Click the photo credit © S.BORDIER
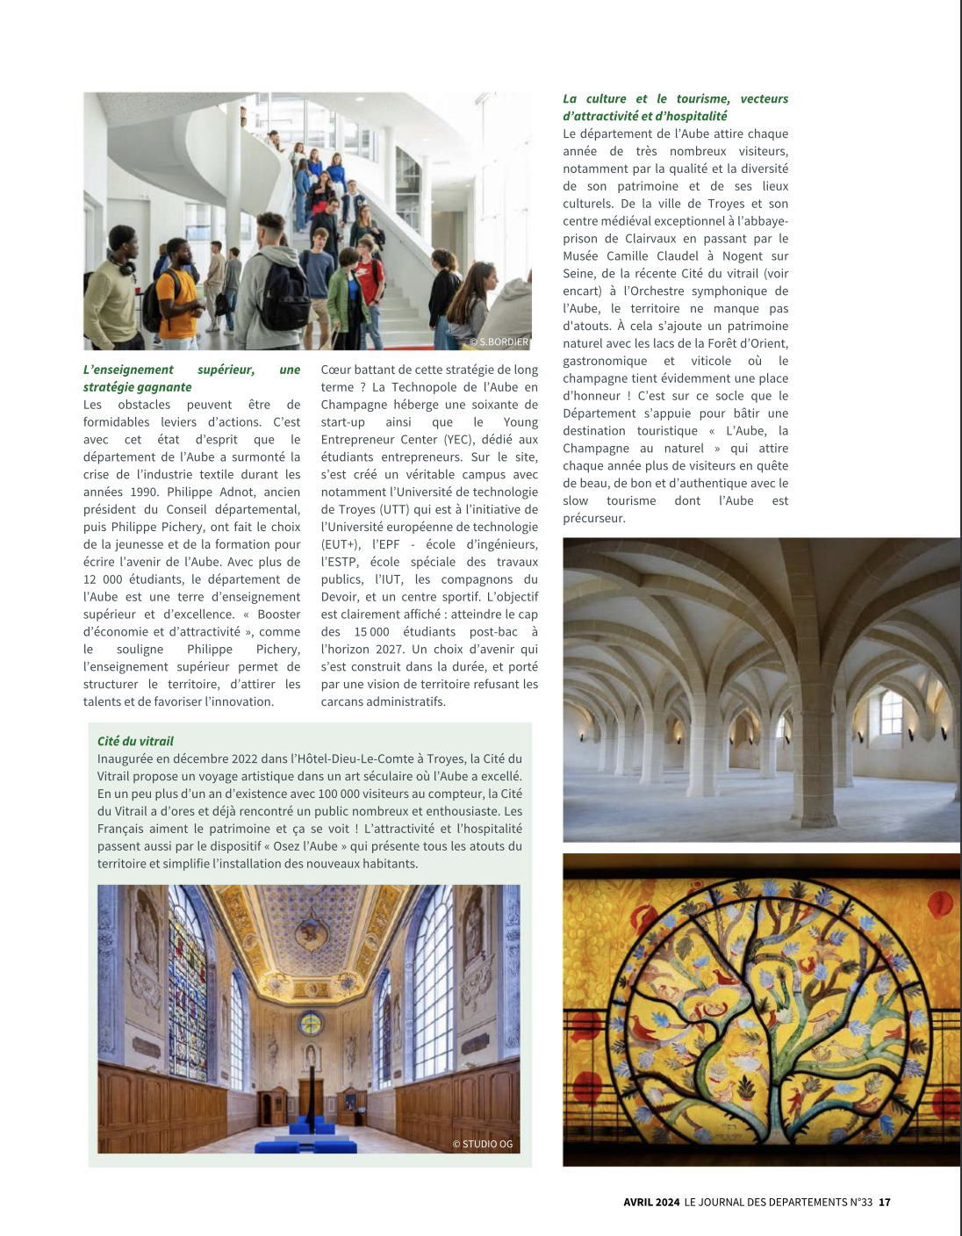click(x=499, y=341)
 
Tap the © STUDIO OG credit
click(x=482, y=1144)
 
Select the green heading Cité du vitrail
click(x=135, y=741)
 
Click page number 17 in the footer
click(x=885, y=1203)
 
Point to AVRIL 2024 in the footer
click(x=651, y=1203)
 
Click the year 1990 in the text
click(x=144, y=492)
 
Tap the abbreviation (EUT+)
click(x=341, y=544)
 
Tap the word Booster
click(x=279, y=614)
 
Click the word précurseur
click(x=594, y=519)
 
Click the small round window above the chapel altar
click(x=311, y=1024)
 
